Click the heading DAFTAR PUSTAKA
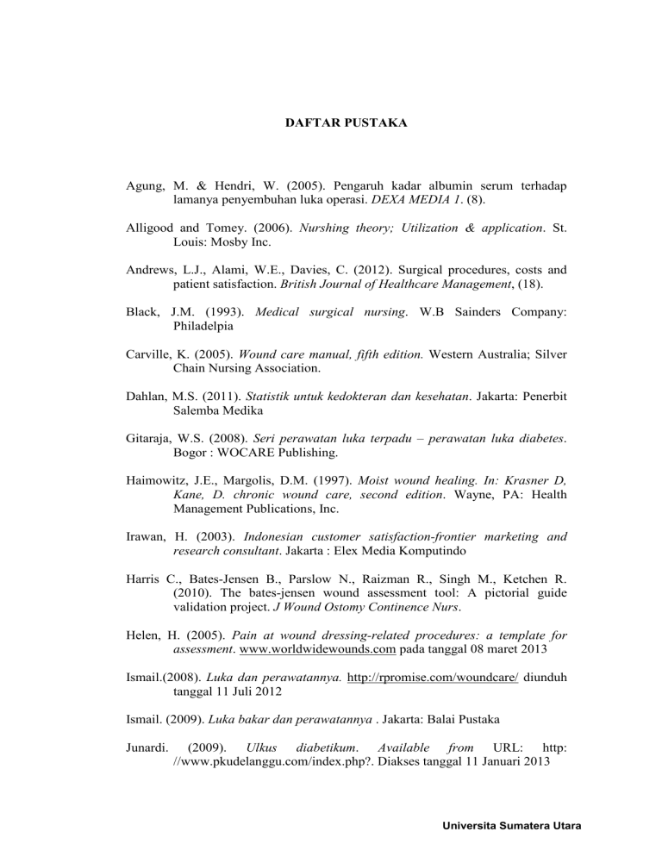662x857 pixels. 346,123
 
